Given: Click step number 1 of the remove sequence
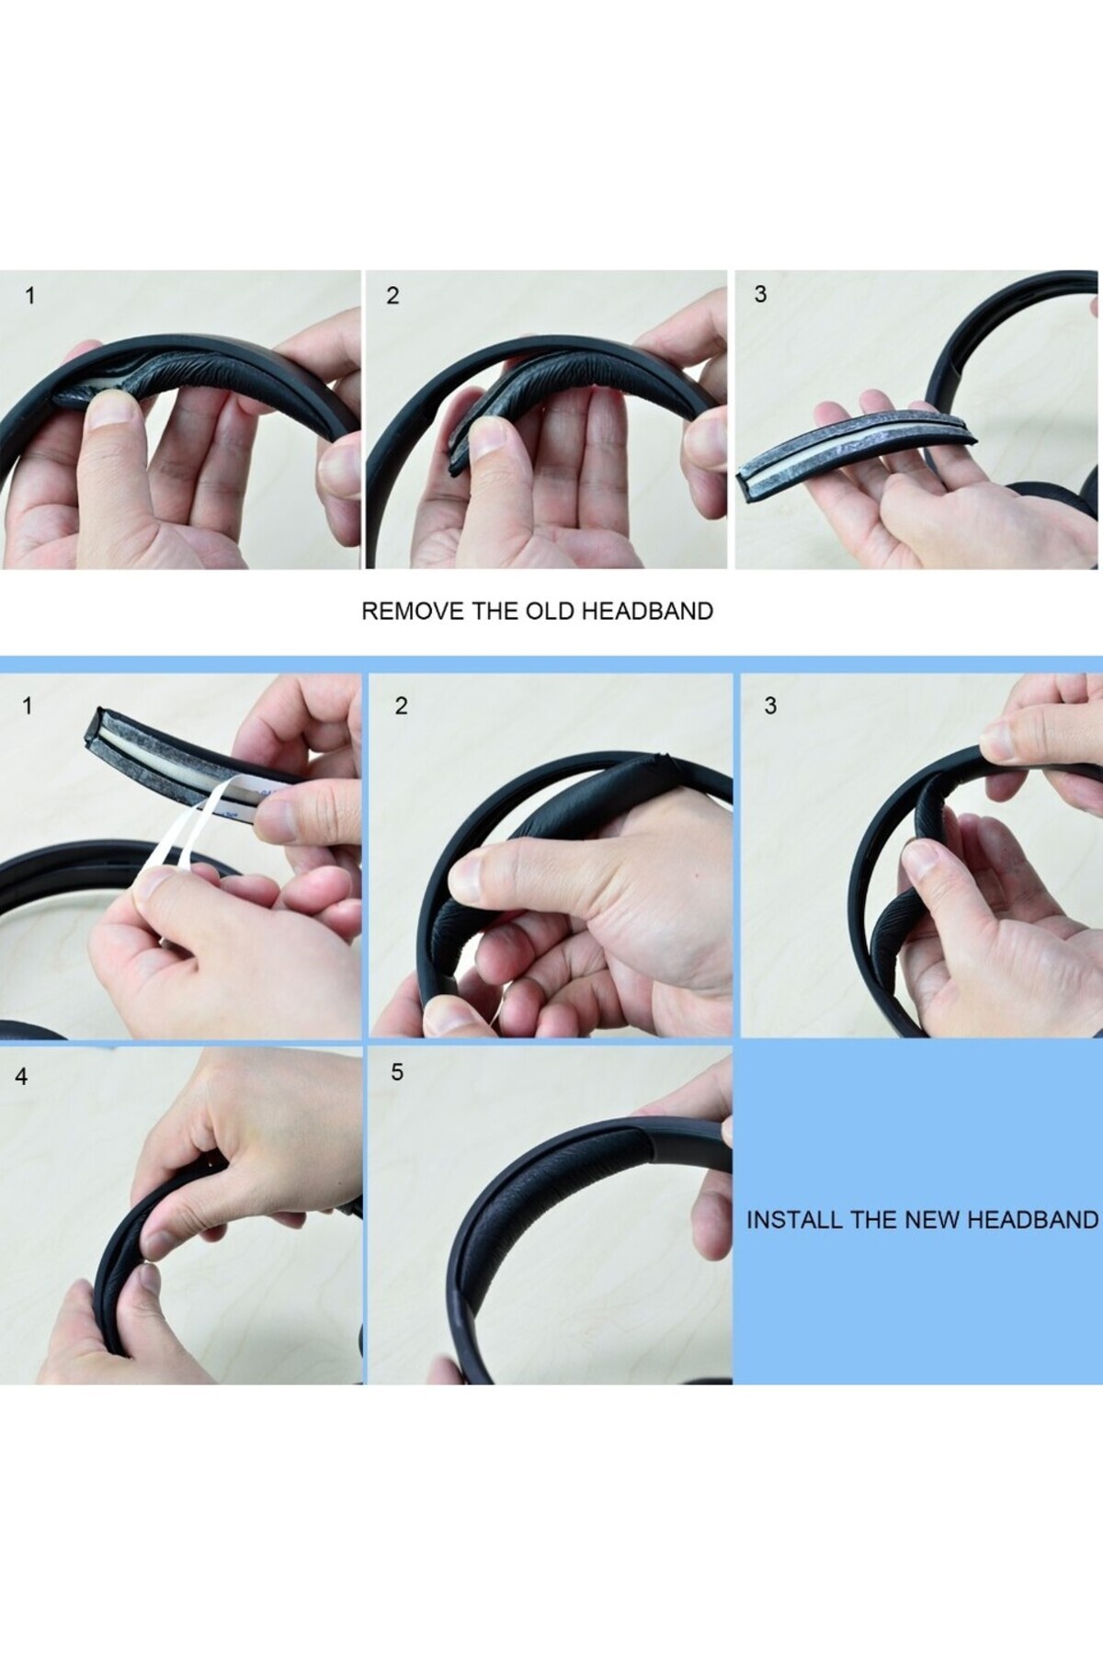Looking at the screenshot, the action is tap(31, 296).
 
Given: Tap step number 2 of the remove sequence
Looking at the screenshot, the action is tap(392, 296).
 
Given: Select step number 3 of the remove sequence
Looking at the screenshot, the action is tap(759, 294).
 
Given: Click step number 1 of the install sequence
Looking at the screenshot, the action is tap(28, 706).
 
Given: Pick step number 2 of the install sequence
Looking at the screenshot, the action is tap(401, 706).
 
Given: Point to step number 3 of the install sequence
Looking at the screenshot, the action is tap(770, 705).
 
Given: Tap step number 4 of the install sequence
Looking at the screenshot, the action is tap(22, 1076).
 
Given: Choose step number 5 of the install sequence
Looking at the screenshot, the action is tap(397, 1072).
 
